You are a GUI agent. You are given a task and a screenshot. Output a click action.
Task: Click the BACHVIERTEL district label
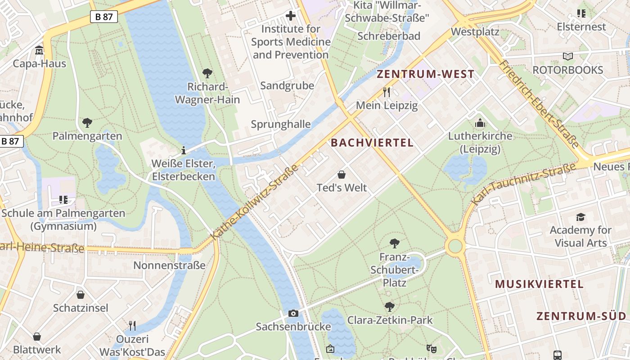click(372, 143)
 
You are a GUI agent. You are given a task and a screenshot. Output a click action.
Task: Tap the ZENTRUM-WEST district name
click(425, 74)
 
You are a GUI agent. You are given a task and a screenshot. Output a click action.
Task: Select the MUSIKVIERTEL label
click(539, 284)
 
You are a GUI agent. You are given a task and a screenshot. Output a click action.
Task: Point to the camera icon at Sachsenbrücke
click(293, 313)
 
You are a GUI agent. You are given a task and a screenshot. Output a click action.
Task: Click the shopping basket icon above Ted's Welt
click(342, 175)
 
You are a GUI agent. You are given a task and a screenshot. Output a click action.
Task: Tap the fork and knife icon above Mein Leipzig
click(387, 92)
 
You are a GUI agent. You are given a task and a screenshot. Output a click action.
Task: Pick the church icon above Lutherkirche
click(480, 123)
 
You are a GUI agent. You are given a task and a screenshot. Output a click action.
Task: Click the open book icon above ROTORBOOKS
click(568, 57)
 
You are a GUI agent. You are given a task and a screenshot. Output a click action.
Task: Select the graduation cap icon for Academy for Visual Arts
click(580, 217)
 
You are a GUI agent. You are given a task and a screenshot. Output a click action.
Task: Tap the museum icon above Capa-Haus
click(39, 50)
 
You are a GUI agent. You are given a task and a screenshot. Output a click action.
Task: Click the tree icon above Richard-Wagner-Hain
click(207, 73)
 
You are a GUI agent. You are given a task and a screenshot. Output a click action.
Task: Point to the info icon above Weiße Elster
click(184, 150)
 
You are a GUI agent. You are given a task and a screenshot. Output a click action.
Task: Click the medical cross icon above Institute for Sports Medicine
click(291, 16)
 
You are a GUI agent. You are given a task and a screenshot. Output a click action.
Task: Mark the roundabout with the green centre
click(455, 246)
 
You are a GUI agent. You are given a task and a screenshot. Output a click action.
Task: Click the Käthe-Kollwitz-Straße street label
click(255, 202)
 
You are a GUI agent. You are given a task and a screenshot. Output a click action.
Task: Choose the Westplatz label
click(475, 32)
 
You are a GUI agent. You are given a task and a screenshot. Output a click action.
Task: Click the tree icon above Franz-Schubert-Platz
click(394, 243)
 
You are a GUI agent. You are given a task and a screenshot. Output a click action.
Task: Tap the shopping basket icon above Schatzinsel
click(81, 295)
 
